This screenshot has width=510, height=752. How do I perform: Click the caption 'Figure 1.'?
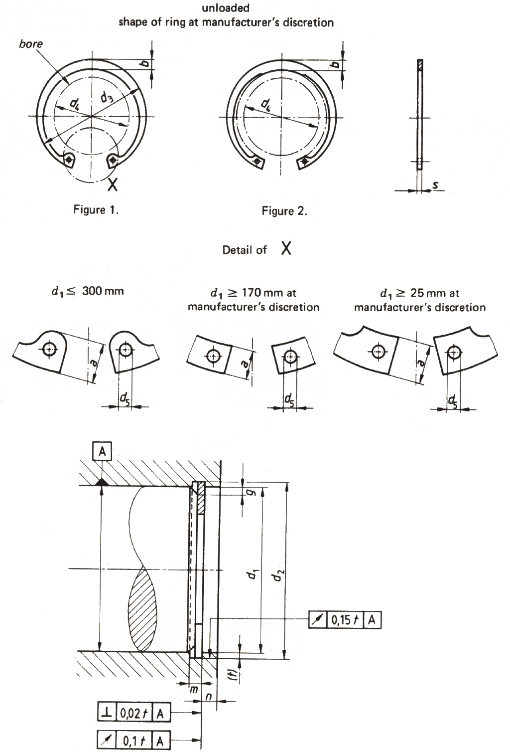tap(96, 209)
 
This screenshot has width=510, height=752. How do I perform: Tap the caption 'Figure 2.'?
tap(284, 211)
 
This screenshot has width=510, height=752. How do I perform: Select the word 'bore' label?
tap(31, 44)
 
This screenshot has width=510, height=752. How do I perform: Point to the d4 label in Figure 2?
tap(266, 104)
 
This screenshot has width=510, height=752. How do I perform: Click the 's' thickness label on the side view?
tap(435, 186)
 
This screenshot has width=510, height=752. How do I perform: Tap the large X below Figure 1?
tap(113, 185)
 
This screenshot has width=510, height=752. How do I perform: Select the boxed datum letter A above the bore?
tap(102, 451)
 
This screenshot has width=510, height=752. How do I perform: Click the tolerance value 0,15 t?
tap(345, 620)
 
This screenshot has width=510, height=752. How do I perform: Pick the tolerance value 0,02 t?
tap(134, 713)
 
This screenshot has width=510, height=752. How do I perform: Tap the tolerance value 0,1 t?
tap(134, 741)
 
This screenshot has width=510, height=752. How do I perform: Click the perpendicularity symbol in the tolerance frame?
tap(106, 713)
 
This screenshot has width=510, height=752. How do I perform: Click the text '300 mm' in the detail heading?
tap(103, 291)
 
